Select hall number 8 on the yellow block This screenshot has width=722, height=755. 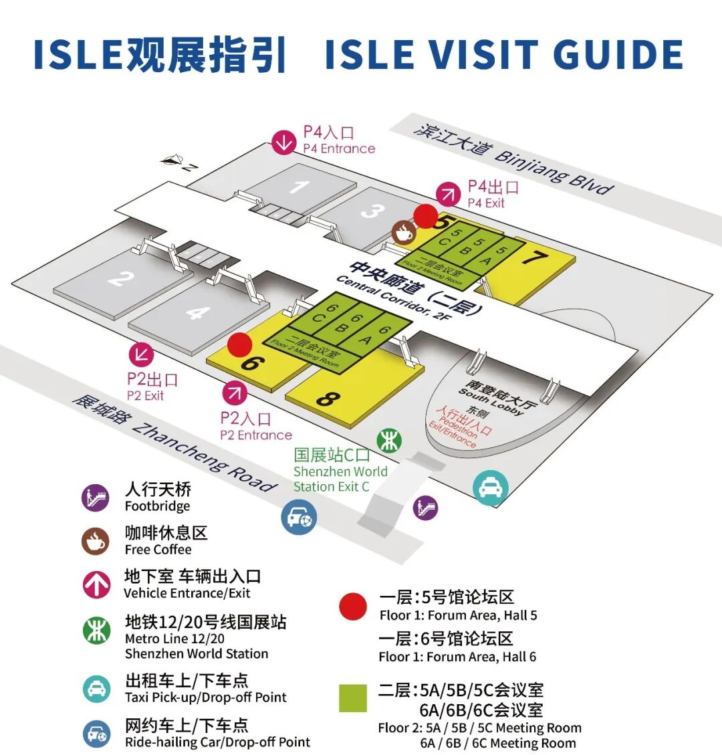click(326, 399)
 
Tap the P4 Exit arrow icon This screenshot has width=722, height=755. click(449, 195)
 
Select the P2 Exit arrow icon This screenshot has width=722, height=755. click(141, 355)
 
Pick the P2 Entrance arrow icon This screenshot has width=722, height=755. click(235, 393)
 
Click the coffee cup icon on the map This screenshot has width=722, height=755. click(404, 233)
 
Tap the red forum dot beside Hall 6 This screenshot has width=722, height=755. click(239, 344)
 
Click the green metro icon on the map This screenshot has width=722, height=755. click(388, 441)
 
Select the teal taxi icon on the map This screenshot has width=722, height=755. click(491, 487)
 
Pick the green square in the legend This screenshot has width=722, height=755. click(352, 697)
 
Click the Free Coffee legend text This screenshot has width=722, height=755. click(158, 549)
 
